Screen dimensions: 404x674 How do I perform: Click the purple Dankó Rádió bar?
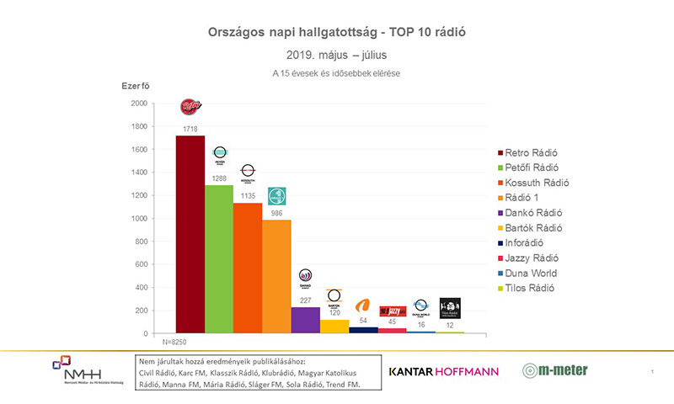pos(305,321)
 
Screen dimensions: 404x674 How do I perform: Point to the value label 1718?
pos(190,129)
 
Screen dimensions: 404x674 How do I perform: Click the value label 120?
pos(334,312)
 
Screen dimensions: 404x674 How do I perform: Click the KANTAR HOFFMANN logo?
pos(443,371)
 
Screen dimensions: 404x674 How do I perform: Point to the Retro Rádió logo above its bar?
pos(191,107)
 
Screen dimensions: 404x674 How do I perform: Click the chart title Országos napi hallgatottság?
pos(337,32)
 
